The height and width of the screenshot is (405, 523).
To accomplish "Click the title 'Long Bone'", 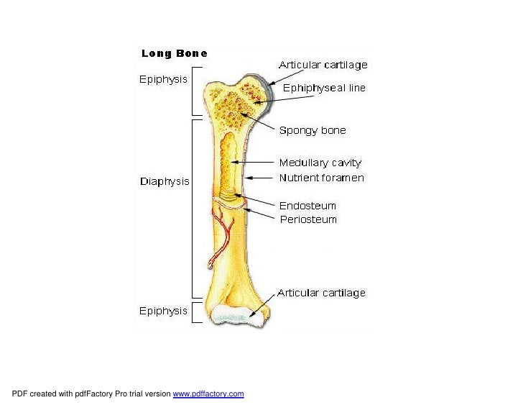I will pos(175,53).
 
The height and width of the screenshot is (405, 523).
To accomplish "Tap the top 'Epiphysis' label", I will pos(163,80).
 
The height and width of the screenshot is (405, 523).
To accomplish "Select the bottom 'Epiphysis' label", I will pos(163,311).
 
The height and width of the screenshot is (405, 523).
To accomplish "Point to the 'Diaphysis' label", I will pos(165,181).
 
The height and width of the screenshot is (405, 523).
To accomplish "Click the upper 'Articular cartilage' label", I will pos(323,65).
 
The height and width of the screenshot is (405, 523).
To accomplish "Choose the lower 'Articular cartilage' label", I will pos(321,293).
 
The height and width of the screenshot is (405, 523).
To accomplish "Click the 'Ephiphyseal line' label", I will pos(324,88).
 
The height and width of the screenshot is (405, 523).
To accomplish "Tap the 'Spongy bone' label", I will pos(313,130).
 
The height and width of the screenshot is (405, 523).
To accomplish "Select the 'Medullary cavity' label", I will pos(320,163).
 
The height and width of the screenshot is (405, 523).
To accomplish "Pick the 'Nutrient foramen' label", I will pos(321,178).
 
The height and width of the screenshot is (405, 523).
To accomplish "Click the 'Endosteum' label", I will pos(307,206).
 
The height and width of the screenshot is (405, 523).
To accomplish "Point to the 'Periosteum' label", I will pos(308,219).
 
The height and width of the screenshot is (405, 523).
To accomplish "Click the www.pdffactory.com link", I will pos(208,393).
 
